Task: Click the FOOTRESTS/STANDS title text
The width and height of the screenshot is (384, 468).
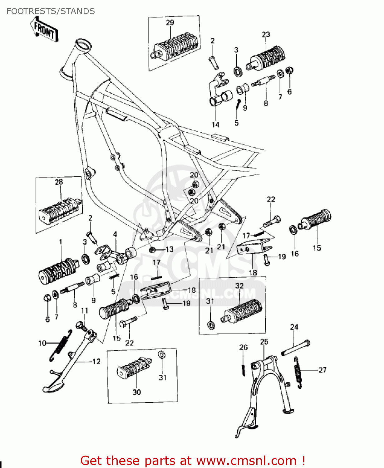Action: click(x=51, y=11)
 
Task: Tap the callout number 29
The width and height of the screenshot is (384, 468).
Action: click(x=170, y=22)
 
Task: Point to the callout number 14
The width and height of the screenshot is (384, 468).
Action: click(x=215, y=125)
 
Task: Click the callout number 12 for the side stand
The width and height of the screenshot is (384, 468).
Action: click(x=96, y=361)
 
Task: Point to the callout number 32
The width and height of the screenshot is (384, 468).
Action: click(x=239, y=286)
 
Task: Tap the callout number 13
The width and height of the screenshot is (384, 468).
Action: click(x=170, y=249)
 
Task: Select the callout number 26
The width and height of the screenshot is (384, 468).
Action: click(x=244, y=347)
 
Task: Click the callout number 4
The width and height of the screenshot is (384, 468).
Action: click(x=115, y=234)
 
